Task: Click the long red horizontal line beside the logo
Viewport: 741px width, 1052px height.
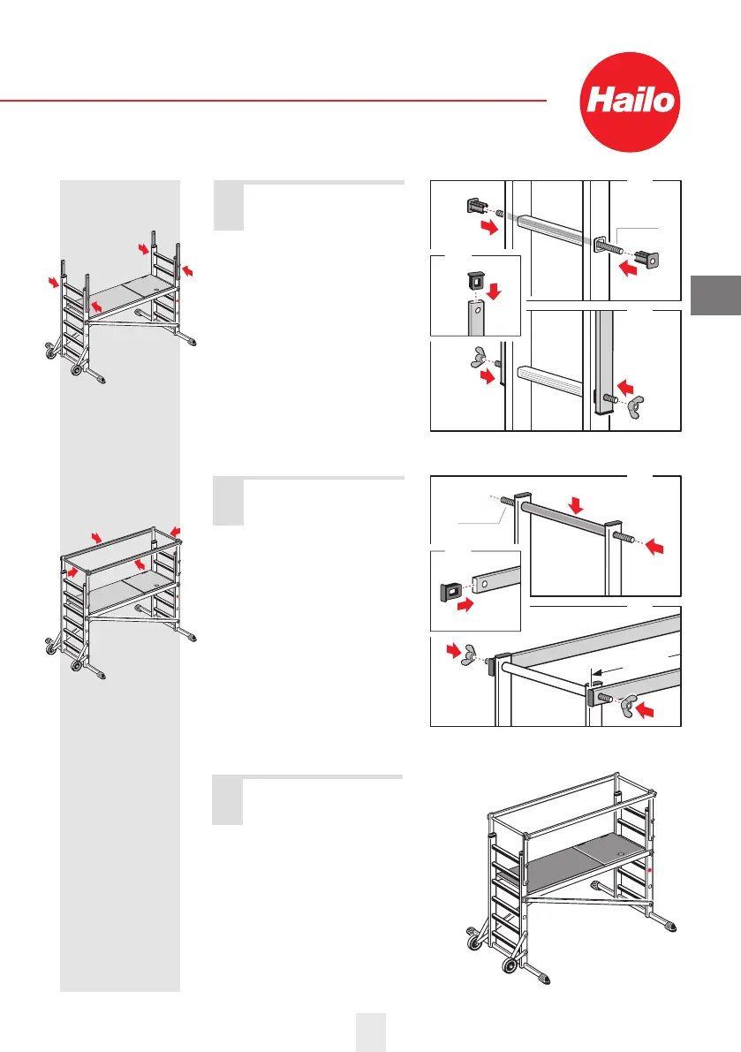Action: (273, 101)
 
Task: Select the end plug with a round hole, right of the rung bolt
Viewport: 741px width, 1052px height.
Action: (653, 264)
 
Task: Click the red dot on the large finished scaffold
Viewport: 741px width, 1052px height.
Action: (650, 870)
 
